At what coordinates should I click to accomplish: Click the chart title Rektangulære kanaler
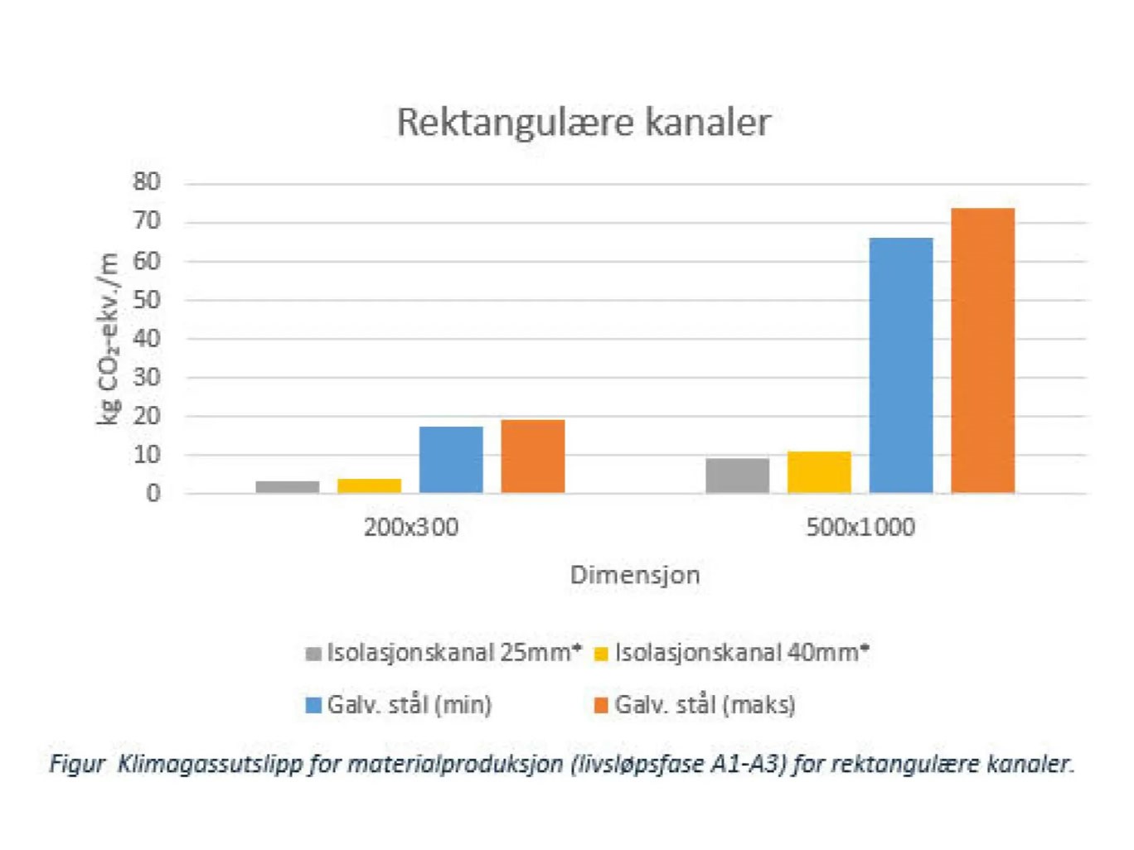[x=583, y=122]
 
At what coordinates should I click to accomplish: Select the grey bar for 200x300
[x=287, y=487]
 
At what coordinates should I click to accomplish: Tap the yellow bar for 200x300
[x=369, y=486]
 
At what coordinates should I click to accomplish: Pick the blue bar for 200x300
[x=451, y=460]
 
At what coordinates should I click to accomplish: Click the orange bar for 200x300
[x=533, y=456]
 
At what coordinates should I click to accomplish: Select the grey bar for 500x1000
[x=737, y=476]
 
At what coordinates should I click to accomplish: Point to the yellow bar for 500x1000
[x=819, y=472]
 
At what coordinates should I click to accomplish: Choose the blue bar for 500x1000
[x=901, y=365]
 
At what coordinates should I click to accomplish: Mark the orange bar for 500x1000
[x=982, y=350]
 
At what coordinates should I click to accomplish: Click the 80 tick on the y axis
[x=147, y=182]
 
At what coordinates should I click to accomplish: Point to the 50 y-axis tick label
[x=147, y=299]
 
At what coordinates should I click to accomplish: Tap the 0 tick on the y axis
[x=153, y=494]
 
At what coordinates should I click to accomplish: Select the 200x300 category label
[x=410, y=528]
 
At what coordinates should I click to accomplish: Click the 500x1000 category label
[x=860, y=528]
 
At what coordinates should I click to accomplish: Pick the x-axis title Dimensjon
[x=635, y=575]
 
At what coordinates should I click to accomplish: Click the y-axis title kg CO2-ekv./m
[x=109, y=338]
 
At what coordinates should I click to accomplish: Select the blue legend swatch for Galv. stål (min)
[x=313, y=705]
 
